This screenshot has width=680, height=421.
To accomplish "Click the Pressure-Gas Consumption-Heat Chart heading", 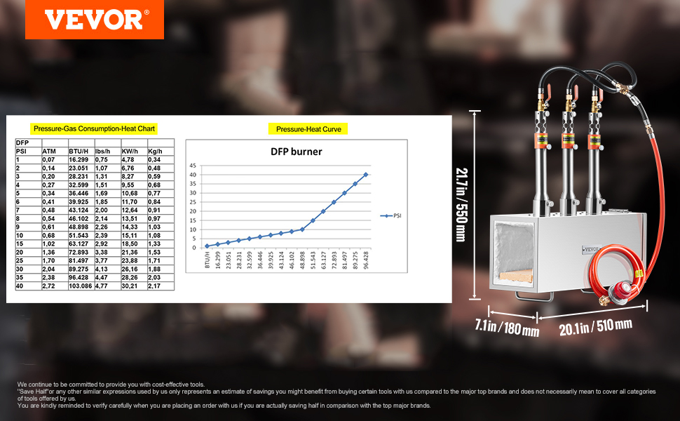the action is tap(94, 128).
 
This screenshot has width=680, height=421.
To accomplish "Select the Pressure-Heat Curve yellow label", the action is tap(308, 129).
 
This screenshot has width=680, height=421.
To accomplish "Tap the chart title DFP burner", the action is tap(297, 152).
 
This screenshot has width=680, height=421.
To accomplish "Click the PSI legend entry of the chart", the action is tap(390, 215).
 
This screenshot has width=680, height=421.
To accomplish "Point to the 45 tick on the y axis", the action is tap(193, 166).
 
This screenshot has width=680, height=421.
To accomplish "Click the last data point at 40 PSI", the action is tap(365, 175).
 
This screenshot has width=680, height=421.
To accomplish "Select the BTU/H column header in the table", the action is tap(79, 151).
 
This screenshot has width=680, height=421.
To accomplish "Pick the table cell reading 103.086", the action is tap(80, 286).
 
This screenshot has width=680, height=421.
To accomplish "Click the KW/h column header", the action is tap(130, 151).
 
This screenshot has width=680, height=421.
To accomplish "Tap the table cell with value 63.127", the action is tap(79, 244).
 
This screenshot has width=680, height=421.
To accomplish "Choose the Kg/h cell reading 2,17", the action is tap(154, 286).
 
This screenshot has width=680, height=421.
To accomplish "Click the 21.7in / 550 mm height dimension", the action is tap(461, 205).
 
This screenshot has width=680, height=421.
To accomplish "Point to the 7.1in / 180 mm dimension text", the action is tap(507, 327).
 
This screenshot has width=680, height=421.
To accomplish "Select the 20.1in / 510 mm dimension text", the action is tap(595, 326).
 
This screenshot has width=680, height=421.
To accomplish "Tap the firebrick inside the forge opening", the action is tap(516, 275).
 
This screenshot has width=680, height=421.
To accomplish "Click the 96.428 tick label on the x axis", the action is tap(365, 260).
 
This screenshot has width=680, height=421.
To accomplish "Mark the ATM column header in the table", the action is tap(49, 151).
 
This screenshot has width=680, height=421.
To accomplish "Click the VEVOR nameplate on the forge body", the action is tap(591, 250).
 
